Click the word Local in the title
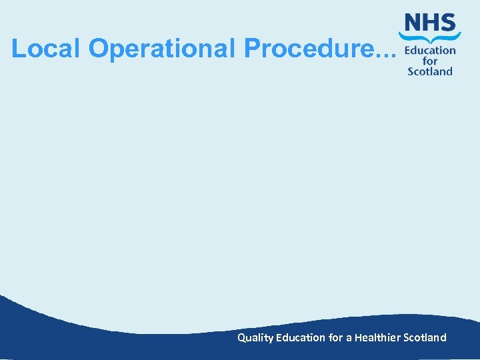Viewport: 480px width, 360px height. pos(46,48)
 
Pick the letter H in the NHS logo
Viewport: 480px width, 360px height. pos(430,23)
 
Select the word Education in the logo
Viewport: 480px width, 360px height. pos(430,50)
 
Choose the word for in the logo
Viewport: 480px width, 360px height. pos(430,61)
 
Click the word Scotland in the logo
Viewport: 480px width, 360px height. pos(430,71)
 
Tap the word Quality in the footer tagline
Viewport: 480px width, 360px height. pos(255,338)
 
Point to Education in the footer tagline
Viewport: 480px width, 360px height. pos(301,337)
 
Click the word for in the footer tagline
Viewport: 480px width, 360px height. pos(336,337)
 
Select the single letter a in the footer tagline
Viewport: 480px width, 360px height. pos(349,338)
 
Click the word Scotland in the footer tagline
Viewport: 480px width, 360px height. pos(425,337)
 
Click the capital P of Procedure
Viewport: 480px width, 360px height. pos(253,48)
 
